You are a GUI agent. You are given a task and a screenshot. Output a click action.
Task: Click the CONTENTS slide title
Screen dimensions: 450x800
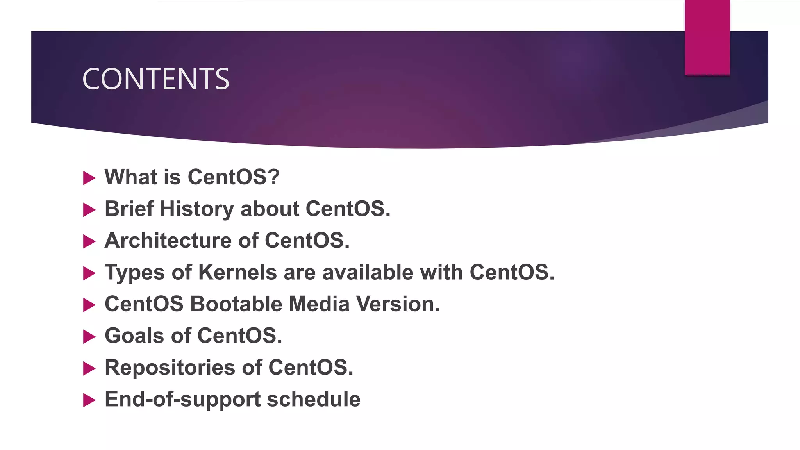coord(155,79)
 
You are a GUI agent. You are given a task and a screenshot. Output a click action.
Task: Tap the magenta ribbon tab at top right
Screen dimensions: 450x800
coord(707,37)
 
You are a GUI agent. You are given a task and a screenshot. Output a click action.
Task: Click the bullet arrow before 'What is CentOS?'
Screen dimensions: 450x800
coord(89,178)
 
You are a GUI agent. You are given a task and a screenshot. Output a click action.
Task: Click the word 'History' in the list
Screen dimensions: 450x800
coord(197,209)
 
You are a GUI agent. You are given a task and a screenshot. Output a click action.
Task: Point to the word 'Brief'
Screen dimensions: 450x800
coord(129,209)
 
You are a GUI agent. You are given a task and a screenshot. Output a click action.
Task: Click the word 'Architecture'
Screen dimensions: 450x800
coord(168,240)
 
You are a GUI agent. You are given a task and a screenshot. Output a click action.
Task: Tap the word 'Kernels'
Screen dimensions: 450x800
coord(237,272)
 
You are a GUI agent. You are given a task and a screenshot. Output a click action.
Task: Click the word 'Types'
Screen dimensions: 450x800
coord(134,273)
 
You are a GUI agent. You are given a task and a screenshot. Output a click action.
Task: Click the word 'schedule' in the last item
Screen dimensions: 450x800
coord(313,399)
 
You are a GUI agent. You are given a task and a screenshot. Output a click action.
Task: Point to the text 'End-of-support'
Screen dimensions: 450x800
coord(182,400)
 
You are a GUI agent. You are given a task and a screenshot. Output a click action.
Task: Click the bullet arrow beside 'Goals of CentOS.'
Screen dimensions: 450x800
coord(89,337)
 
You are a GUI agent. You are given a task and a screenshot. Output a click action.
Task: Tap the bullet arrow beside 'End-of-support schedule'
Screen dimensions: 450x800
coord(89,400)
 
